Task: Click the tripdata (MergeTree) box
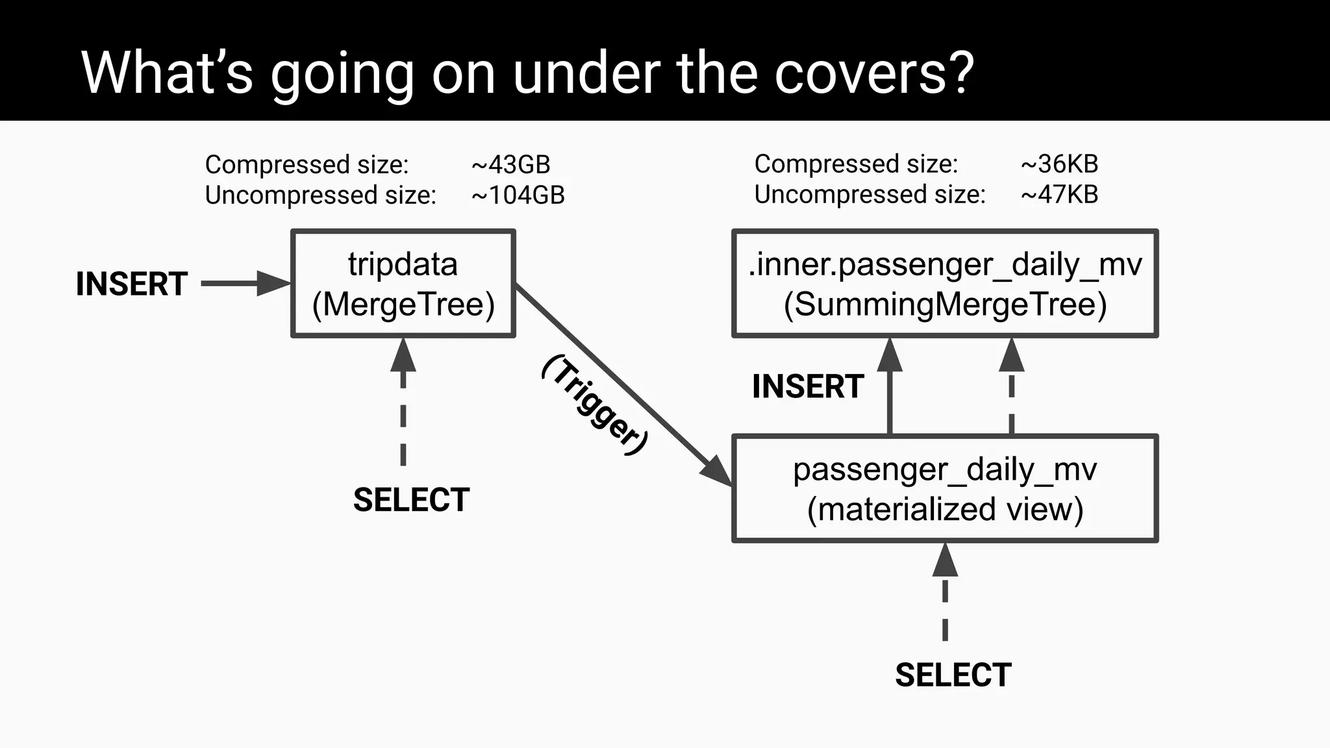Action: (403, 284)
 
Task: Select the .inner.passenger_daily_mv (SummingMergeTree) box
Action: (945, 284)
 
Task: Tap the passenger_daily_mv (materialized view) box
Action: (945, 489)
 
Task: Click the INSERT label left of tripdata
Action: (132, 284)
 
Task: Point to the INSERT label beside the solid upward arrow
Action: (808, 386)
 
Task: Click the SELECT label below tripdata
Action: (411, 500)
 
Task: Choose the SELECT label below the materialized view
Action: (953, 675)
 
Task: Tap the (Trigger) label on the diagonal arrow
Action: (595, 405)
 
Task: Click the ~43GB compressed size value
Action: (510, 164)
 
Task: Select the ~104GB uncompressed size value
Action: (518, 195)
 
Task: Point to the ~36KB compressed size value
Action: (1059, 164)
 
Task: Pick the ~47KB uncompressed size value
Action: (1059, 194)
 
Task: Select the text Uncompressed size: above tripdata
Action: (320, 195)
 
